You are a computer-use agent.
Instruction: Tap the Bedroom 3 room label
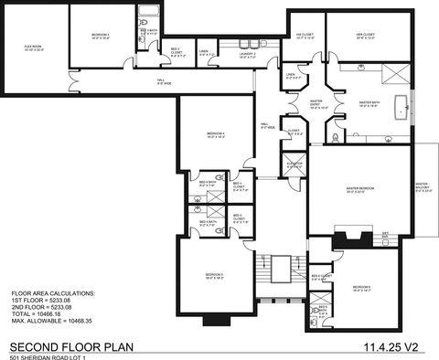[100, 36]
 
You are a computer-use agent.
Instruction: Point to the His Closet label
[305, 37]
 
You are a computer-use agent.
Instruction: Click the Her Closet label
[365, 37]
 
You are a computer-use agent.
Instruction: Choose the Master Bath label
[369, 104]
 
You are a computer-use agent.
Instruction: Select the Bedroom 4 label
[215, 137]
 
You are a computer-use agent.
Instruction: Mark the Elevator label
[294, 164]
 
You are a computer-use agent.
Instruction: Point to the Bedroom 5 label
[214, 276]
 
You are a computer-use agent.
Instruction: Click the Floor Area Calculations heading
[52, 293]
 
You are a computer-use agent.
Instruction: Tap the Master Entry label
[316, 102]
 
